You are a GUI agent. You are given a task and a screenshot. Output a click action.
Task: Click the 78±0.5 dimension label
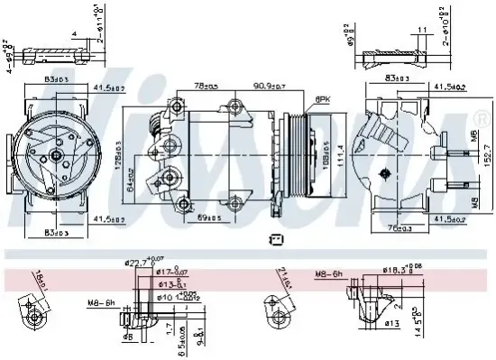207,88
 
